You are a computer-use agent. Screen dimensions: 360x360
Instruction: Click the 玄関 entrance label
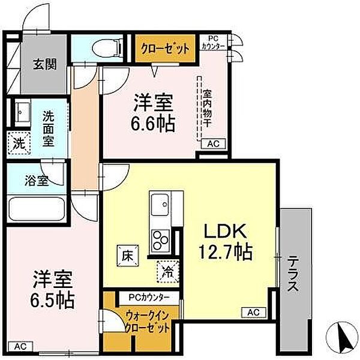point(45,64)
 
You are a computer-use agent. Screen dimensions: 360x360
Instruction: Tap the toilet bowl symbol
point(107,49)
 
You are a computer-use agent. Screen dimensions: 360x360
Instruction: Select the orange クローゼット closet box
point(166,48)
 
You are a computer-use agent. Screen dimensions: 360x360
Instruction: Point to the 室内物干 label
point(207,109)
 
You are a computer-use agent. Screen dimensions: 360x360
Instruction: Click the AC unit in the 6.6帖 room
point(213,144)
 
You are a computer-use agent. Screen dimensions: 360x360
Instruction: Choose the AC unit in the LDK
point(254,312)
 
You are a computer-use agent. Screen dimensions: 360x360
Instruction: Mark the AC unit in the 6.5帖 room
point(20,346)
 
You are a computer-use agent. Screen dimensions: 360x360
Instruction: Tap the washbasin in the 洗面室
point(23,113)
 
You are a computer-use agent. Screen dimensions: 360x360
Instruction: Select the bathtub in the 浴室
point(37,209)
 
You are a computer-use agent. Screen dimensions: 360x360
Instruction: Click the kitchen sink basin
point(160,205)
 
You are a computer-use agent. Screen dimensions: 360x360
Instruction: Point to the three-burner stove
point(161,241)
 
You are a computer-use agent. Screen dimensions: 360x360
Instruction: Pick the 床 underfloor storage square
point(128,256)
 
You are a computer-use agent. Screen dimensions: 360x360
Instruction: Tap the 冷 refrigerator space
point(168,271)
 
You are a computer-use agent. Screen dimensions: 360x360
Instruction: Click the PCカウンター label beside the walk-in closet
point(149,298)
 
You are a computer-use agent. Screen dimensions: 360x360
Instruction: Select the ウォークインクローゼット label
point(148,322)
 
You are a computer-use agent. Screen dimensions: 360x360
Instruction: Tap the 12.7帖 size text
point(226,251)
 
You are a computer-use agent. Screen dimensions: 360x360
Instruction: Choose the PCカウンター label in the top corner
point(213,43)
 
